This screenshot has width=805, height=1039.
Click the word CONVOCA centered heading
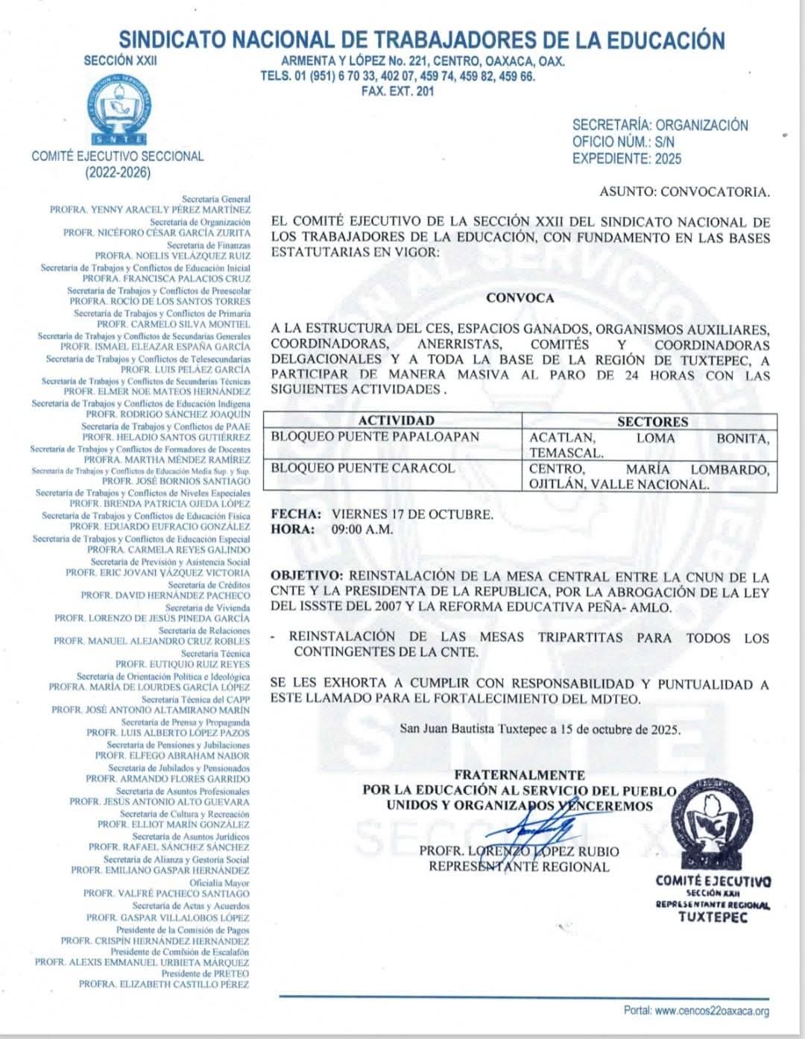coord(520,298)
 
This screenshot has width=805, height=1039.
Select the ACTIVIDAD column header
coord(396,421)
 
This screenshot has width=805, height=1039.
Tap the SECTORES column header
coord(652,422)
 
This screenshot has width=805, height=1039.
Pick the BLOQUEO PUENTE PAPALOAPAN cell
coord(375,437)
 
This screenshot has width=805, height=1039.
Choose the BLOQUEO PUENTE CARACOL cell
coord(362,468)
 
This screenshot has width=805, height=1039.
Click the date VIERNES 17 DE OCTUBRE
coord(412,514)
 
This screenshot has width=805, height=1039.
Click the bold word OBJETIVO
coord(307,576)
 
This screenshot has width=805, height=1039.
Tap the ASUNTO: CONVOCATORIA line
coord(684,192)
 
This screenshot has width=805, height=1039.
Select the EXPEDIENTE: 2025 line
coord(626,159)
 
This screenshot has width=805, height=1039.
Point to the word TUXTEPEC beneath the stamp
coord(713,917)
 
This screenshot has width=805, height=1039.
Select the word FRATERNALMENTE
coord(520,775)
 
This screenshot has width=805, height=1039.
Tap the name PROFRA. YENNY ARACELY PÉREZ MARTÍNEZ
coord(150,210)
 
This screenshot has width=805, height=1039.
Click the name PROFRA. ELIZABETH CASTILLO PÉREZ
coord(164,985)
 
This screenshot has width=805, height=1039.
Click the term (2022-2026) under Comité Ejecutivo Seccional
coord(118,173)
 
